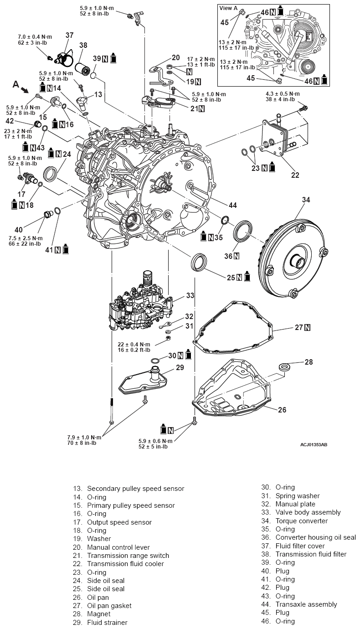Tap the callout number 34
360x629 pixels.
[306, 200]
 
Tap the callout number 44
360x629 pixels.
[232, 206]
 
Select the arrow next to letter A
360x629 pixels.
[26, 91]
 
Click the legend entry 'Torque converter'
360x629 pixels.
[301, 521]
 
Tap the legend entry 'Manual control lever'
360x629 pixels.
[118, 547]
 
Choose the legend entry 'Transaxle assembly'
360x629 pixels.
[306, 604]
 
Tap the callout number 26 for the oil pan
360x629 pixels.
[282, 410]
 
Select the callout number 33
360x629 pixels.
[190, 295]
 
